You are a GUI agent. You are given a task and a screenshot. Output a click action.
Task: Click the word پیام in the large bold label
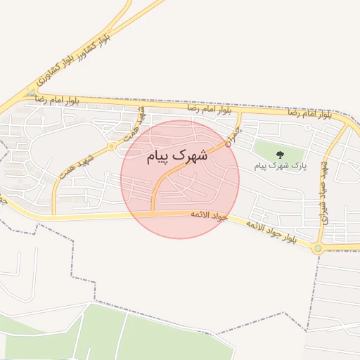(x=160, y=156)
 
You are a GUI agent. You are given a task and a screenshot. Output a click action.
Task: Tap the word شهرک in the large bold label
(x=190, y=155)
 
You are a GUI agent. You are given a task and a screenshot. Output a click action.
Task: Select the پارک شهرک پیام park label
(x=280, y=165)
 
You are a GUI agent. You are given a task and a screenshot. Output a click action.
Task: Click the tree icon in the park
(x=281, y=154)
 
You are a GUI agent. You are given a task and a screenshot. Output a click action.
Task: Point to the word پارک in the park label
(x=299, y=166)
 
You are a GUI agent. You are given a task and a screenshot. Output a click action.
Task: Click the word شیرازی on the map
(x=326, y=211)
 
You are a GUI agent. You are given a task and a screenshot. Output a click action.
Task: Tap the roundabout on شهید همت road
(x=112, y=147)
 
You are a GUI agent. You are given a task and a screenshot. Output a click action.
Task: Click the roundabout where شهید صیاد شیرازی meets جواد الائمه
(x=318, y=247)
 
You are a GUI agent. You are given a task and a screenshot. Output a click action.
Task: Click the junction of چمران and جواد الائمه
(x=153, y=212)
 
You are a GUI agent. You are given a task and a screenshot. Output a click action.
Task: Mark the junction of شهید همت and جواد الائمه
(x=53, y=217)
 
